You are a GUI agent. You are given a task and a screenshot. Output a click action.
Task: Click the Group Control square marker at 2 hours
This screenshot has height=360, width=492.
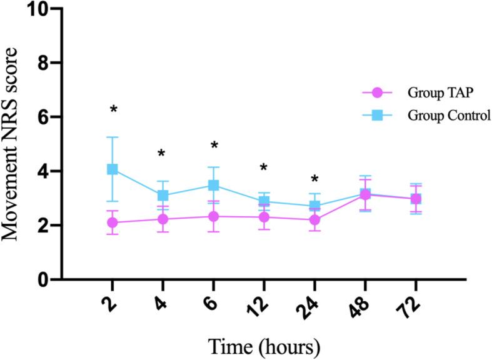click(x=113, y=169)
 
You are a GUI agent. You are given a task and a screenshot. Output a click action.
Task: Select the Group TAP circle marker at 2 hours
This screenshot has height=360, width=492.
click(x=113, y=222)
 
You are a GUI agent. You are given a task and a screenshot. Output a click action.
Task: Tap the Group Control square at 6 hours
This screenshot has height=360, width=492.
click(x=213, y=186)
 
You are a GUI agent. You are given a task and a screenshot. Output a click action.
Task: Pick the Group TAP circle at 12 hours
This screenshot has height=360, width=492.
click(x=264, y=217)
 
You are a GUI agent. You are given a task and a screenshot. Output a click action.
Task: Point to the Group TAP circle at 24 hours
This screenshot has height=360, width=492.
click(x=314, y=219)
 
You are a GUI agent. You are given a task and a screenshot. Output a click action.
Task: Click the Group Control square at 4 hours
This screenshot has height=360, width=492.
click(x=163, y=196)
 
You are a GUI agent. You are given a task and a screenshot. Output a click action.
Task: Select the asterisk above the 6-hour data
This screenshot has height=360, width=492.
click(x=214, y=146)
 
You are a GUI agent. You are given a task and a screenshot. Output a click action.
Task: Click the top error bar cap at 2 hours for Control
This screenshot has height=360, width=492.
click(x=113, y=137)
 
